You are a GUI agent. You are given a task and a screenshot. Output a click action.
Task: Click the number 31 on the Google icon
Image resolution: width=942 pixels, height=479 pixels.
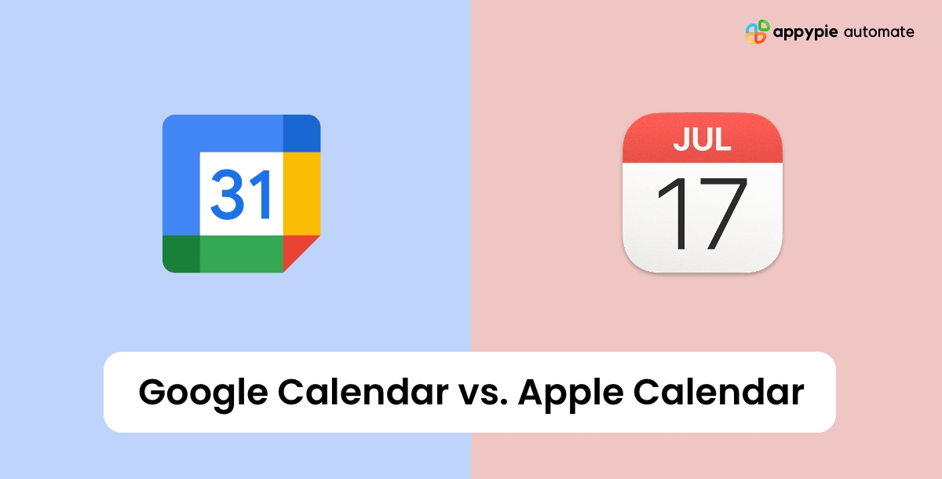point(241,194)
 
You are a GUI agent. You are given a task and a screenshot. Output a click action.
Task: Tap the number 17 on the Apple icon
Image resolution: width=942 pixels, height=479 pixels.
point(702,213)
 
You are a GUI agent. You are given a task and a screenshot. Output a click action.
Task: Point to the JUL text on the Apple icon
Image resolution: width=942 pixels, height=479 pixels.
point(703,139)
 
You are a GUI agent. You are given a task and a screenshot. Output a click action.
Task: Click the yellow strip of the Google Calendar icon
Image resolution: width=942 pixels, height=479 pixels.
point(301,193)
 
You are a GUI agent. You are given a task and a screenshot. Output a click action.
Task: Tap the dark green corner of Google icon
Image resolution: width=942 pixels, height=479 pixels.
point(181,253)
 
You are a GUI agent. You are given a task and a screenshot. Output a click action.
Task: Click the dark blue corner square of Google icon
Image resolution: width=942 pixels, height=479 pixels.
point(301,133)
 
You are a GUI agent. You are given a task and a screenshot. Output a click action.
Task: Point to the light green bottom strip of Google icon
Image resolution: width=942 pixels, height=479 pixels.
point(241,253)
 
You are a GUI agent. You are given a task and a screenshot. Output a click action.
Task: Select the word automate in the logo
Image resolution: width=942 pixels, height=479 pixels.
point(879,32)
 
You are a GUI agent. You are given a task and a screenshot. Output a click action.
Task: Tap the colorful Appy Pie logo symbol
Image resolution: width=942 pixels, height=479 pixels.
point(756,32)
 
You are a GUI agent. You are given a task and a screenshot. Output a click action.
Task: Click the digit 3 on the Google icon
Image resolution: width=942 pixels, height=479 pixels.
point(225,194)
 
